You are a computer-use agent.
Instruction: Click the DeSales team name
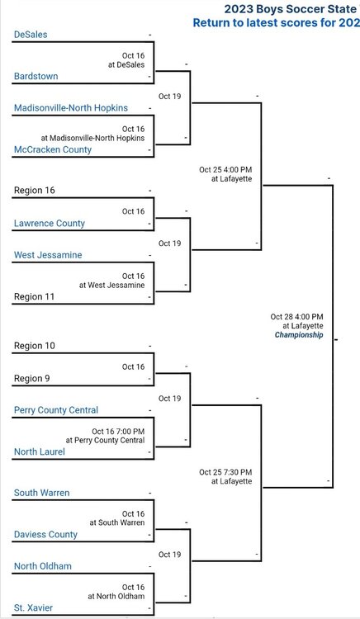coord(31,35)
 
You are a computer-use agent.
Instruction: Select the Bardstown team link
coord(36,76)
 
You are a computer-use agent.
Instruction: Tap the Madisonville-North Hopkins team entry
coord(71,108)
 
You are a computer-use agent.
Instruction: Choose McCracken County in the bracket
coord(53,149)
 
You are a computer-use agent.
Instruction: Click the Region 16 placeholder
coord(35,191)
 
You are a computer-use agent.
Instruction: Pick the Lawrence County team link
coord(50,224)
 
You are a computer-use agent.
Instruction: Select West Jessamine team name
coord(48,255)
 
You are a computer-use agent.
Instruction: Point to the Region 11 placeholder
coord(34,296)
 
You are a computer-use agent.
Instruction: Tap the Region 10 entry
coord(35,346)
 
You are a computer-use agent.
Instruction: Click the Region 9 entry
coord(32,379)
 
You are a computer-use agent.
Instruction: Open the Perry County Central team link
coord(56,410)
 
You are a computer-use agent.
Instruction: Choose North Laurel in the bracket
coord(40,451)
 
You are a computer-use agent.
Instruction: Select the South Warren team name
coord(41,493)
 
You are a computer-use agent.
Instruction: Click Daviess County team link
coord(45,535)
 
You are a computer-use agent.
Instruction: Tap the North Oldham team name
coord(43,566)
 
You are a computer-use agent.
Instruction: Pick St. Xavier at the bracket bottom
coord(33,608)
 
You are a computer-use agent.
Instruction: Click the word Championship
coord(299,335)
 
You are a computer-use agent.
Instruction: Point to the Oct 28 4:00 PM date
coord(297,317)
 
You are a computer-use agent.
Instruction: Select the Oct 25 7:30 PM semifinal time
coord(225,472)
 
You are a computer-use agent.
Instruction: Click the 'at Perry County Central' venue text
coord(106,440)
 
